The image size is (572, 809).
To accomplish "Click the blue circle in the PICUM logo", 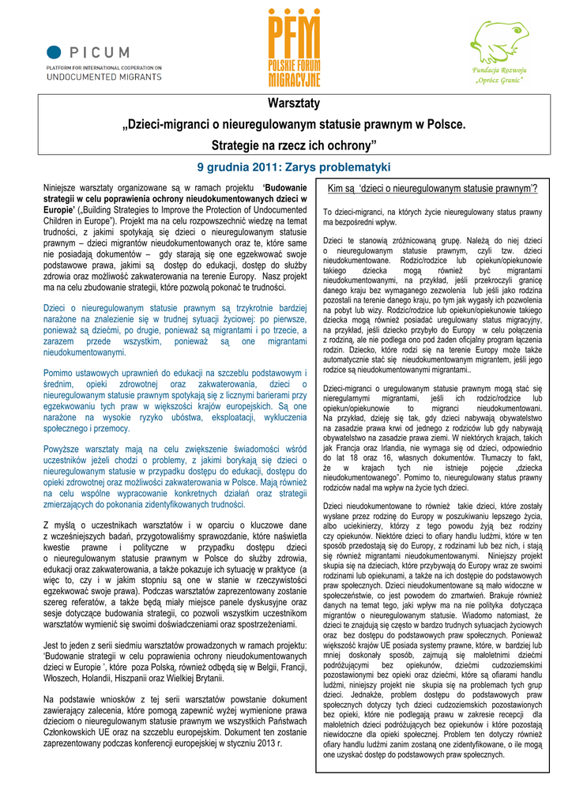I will [53, 53].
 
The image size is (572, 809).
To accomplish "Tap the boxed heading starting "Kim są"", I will [433, 188].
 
